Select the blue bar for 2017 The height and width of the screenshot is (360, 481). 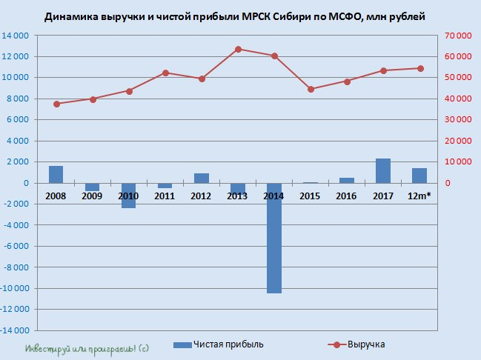coord(383,171)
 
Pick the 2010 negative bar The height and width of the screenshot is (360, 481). coord(128,196)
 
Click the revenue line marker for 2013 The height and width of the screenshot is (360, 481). coord(238,49)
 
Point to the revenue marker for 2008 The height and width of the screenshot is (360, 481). coord(56,104)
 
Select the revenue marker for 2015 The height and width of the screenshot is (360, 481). coord(311,89)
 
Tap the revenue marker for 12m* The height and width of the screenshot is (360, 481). coord(420,68)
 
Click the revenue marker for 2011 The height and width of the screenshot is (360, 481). coord(165,73)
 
